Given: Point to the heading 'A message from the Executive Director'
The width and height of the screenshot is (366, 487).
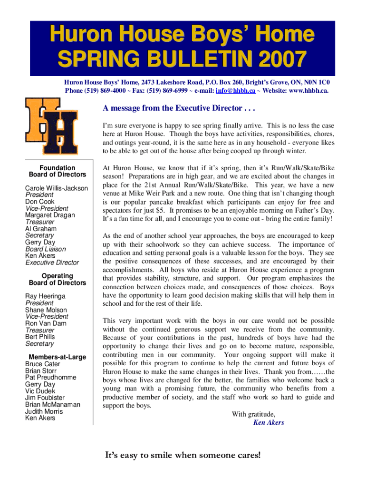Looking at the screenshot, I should pyautogui.click(x=179, y=108).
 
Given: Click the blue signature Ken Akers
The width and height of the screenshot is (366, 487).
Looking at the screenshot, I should pyautogui.click(x=269, y=422).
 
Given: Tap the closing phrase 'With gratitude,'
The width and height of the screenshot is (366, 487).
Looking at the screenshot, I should pyautogui.click(x=253, y=414).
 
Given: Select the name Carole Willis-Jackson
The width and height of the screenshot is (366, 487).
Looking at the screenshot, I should pyautogui.click(x=56, y=188).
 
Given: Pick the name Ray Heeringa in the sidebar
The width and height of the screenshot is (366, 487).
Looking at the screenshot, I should pyautogui.click(x=45, y=296).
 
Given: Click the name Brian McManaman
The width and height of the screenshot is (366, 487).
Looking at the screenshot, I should pyautogui.click(x=52, y=405).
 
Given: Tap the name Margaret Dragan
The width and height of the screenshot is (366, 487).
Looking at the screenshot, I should pyautogui.click(x=50, y=215).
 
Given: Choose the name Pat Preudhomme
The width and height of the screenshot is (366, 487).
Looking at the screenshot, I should pyautogui.click(x=50, y=378).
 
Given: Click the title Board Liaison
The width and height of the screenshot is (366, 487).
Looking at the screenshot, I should pyautogui.click(x=46, y=249).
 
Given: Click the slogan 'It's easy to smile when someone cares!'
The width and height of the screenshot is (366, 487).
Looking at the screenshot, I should pyautogui.click(x=183, y=456).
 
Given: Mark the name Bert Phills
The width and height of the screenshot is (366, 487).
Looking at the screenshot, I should pyautogui.click(x=40, y=337).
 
